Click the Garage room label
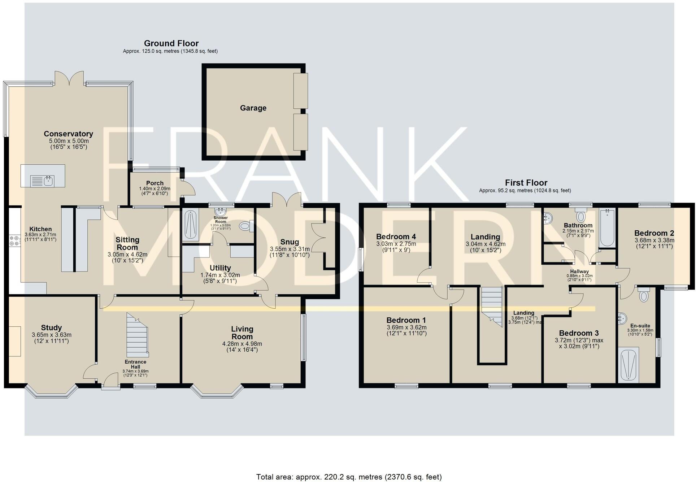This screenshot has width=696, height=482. point(253,108)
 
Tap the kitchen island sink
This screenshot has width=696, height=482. point(42,180)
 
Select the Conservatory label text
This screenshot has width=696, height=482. point(68,134)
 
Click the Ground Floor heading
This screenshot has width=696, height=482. point(171,43)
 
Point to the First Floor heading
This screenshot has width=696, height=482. point(526,183)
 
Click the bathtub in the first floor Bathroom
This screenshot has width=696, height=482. point(607,227)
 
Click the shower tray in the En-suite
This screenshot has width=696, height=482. point(628,365)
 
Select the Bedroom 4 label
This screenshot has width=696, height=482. point(396,237)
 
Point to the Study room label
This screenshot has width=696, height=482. point(51,328)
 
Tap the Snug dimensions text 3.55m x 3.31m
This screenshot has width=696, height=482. point(290,249)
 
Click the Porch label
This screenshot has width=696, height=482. point(155,183)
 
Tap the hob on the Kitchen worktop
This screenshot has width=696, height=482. point(15,241)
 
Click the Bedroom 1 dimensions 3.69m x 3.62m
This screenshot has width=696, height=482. point(406,327)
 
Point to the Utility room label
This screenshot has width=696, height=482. point(220,268)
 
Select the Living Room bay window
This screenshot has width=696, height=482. point(217,393)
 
